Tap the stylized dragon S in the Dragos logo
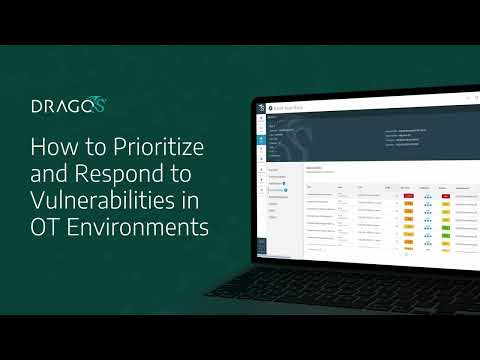(98, 103)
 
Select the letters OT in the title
(46, 226)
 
